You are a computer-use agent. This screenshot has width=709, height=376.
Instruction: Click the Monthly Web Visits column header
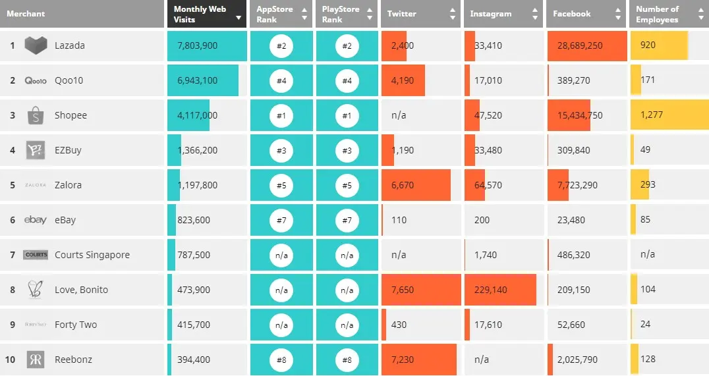click(x=200, y=14)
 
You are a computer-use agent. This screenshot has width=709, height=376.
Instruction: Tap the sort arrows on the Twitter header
click(x=453, y=14)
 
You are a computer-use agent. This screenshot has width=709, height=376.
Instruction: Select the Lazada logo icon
click(x=36, y=45)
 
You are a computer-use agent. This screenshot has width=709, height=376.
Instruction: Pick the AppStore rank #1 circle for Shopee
click(x=281, y=115)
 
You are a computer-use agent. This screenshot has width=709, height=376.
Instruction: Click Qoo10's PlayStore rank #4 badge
click(x=347, y=80)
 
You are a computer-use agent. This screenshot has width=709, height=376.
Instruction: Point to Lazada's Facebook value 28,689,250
click(x=580, y=45)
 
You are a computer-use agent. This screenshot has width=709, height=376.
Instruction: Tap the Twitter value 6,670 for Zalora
click(x=403, y=185)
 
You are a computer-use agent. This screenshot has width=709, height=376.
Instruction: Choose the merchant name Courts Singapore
click(x=92, y=255)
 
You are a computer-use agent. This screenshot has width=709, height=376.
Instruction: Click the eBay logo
click(x=36, y=220)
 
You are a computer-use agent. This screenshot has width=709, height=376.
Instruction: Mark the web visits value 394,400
click(x=194, y=360)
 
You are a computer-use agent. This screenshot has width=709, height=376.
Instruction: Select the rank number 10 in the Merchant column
click(x=10, y=360)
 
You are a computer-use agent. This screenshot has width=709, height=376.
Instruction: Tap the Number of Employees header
click(x=657, y=14)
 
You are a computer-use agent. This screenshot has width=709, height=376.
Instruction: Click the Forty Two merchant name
click(x=76, y=325)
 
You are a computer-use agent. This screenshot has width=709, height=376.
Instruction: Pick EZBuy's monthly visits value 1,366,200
click(x=197, y=150)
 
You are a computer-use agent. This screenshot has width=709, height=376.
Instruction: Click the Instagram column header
click(x=491, y=14)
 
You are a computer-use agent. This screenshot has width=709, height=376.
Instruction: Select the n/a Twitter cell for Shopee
click(x=399, y=115)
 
